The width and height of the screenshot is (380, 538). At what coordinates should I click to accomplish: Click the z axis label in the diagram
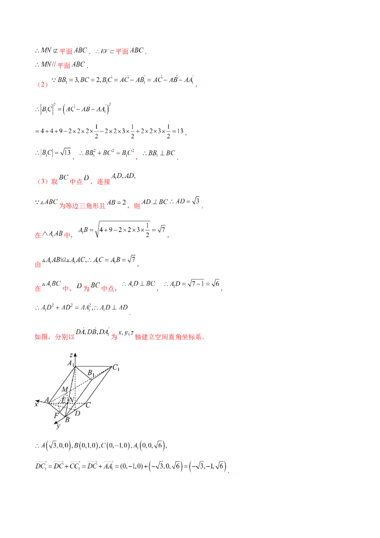(70, 355)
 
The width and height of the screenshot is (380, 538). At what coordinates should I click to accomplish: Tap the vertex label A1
(70, 364)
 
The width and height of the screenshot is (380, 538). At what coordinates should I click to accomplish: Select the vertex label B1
(92, 373)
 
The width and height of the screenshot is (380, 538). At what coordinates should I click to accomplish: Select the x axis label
(36, 404)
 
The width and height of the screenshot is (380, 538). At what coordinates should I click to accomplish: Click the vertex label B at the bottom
(67, 420)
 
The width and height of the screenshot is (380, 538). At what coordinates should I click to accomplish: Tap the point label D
(77, 413)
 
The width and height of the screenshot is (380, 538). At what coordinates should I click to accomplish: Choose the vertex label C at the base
(88, 405)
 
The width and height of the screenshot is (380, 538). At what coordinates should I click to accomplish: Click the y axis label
(58, 426)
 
